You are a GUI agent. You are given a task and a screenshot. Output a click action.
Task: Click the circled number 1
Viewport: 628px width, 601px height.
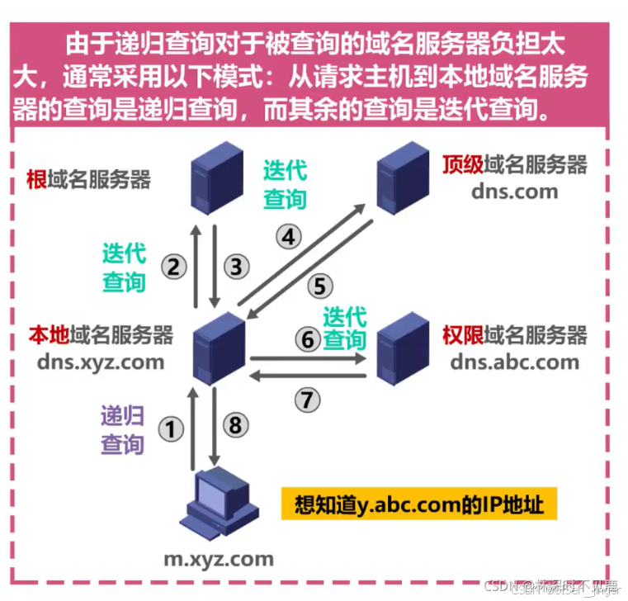(171, 430)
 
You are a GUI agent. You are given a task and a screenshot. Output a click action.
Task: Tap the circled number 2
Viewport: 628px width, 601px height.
(173, 267)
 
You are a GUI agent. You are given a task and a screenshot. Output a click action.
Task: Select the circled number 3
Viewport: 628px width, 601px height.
(236, 267)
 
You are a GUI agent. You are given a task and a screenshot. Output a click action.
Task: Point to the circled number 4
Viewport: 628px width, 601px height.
(287, 238)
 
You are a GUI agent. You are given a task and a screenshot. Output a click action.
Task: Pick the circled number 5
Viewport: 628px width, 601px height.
(320, 286)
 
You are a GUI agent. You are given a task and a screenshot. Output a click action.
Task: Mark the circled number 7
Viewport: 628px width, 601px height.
(307, 400)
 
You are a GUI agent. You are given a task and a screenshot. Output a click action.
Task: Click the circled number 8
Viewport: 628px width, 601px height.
(236, 425)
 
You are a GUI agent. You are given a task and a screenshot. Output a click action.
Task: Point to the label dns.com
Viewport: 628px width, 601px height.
(515, 192)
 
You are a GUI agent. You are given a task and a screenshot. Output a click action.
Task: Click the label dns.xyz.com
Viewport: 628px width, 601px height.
(101, 362)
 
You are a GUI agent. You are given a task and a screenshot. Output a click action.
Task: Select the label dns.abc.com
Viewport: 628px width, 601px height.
(515, 362)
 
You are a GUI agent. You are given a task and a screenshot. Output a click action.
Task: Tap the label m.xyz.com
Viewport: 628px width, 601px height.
(218, 559)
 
